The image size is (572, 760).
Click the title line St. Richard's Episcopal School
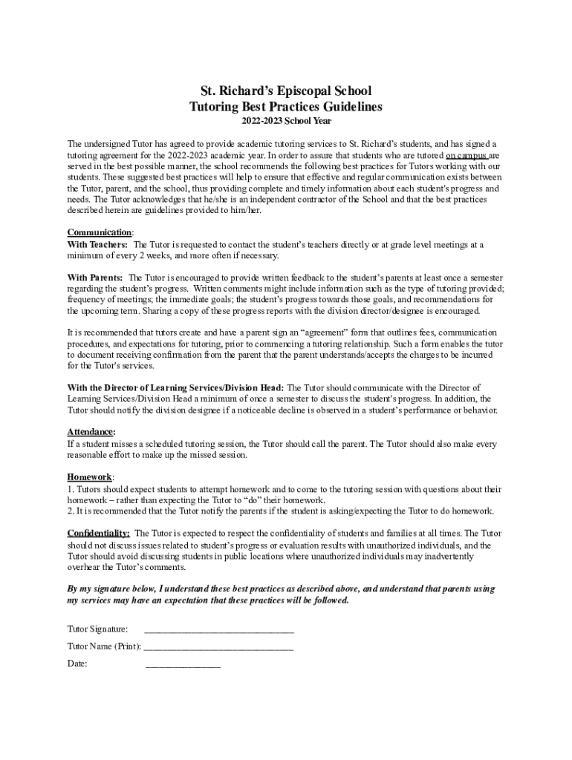pyautogui.click(x=286, y=91)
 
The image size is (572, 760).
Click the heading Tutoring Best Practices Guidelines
pyautogui.click(x=286, y=107)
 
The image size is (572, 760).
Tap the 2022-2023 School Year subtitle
pyautogui.click(x=286, y=121)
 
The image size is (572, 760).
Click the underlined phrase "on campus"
pyautogui.click(x=466, y=156)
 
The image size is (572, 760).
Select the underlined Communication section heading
pyautogui.click(x=100, y=233)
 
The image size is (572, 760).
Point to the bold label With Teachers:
pyautogui.click(x=97, y=244)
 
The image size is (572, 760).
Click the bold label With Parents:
pyautogui.click(x=95, y=278)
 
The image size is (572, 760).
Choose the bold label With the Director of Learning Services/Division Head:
pyautogui.click(x=175, y=387)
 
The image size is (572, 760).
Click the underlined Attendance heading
pyautogui.click(x=91, y=432)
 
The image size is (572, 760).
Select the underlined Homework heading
pyautogui.click(x=90, y=477)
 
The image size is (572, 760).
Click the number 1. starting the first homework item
pyautogui.click(x=71, y=489)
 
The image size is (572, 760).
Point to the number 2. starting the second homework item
pyautogui.click(x=71, y=511)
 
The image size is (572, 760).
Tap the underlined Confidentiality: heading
pyautogui.click(x=99, y=533)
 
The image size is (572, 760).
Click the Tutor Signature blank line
pyautogui.click(x=219, y=629)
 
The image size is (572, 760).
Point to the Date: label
pyautogui.click(x=77, y=664)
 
